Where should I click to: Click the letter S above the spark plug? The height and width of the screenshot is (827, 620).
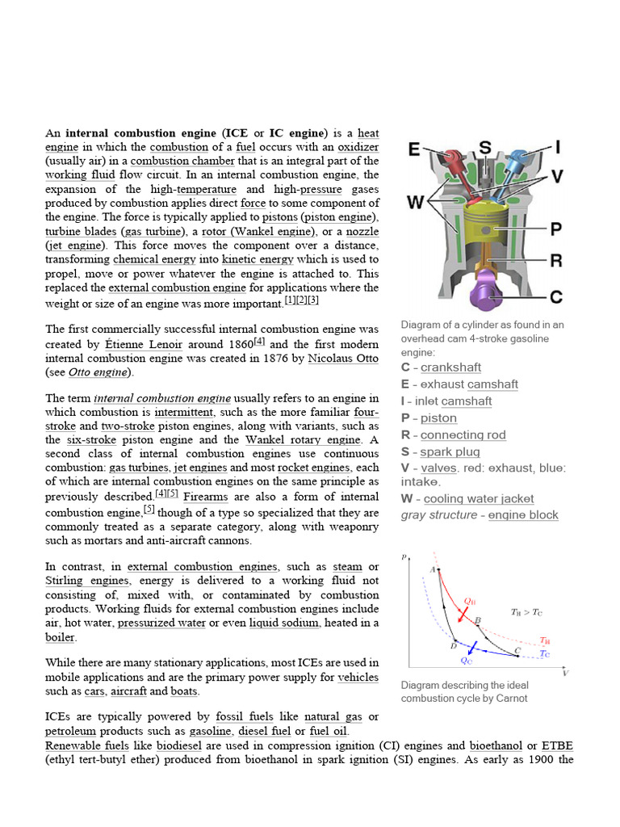click(x=485, y=147)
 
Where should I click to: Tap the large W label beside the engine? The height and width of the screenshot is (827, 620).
click(x=415, y=202)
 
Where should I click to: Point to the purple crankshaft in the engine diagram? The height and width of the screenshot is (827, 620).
click(x=487, y=293)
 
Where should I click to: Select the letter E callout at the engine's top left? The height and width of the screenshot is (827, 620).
click(x=414, y=150)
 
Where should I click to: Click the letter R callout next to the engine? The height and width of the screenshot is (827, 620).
click(x=555, y=260)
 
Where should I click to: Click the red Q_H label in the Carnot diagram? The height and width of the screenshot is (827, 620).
click(x=470, y=602)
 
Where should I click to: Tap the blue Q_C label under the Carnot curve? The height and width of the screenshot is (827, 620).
click(x=467, y=661)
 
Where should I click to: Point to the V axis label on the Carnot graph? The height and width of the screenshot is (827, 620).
click(x=565, y=673)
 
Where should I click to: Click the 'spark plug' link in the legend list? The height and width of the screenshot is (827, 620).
click(x=450, y=452)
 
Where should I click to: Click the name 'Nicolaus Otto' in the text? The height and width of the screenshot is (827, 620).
click(x=343, y=358)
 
